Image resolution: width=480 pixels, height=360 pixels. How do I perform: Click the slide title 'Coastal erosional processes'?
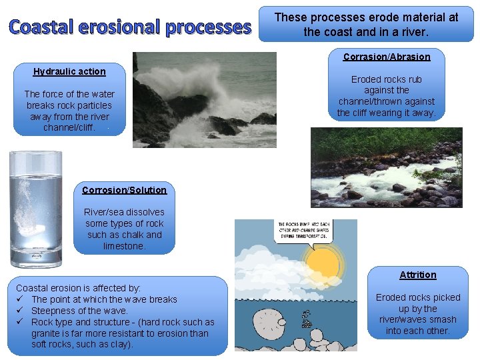point(130,27)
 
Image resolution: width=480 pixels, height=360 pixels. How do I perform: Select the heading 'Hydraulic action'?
point(69,71)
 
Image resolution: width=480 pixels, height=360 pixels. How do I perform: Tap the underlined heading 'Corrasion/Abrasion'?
point(387,57)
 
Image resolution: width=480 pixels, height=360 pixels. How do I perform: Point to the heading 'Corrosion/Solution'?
point(125,190)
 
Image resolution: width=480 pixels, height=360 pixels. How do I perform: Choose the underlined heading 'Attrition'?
point(418,275)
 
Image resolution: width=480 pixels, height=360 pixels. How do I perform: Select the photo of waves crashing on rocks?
point(204,99)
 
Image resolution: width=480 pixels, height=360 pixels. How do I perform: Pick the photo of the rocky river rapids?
point(386,167)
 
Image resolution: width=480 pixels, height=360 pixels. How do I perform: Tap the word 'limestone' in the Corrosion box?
point(124,246)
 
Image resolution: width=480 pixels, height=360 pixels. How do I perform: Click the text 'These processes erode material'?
point(367,17)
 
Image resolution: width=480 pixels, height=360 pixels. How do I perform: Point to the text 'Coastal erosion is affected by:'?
point(79,288)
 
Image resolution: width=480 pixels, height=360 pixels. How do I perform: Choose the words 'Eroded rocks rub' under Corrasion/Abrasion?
point(387,79)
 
